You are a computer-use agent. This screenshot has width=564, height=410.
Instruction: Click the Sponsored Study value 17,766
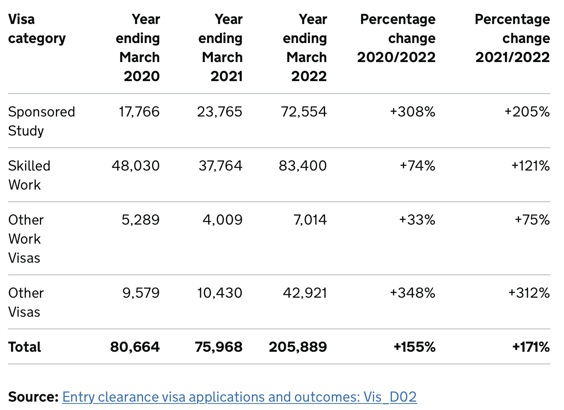139,112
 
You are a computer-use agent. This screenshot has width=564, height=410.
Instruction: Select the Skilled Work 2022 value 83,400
303,166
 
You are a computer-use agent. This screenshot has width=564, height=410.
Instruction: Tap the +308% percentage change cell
413,112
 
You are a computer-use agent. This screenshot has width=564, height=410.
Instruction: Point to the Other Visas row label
26,302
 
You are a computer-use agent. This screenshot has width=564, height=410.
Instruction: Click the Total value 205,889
298,347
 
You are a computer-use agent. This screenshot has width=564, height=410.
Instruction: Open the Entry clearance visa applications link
239,397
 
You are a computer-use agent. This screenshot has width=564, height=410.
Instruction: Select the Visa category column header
37,29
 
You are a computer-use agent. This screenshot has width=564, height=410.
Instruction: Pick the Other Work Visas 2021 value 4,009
222,220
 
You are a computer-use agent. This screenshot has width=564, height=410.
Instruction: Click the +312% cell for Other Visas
529,293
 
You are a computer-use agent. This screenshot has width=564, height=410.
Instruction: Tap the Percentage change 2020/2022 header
396,38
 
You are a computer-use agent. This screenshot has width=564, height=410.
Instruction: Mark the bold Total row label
25,347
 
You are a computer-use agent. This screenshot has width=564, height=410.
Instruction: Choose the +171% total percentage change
531,347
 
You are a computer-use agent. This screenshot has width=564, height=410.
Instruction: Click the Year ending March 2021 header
221,48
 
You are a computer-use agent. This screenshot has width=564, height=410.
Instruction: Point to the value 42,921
305,293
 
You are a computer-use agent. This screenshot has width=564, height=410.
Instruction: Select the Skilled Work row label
29,175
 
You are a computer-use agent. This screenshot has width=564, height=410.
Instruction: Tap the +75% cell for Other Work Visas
532,220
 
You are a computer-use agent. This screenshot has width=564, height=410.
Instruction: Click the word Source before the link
33,397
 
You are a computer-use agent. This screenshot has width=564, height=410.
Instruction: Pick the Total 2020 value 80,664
135,347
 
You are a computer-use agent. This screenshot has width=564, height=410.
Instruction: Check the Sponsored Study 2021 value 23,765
220,112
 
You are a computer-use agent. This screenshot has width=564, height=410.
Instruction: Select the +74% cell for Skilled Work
417,166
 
